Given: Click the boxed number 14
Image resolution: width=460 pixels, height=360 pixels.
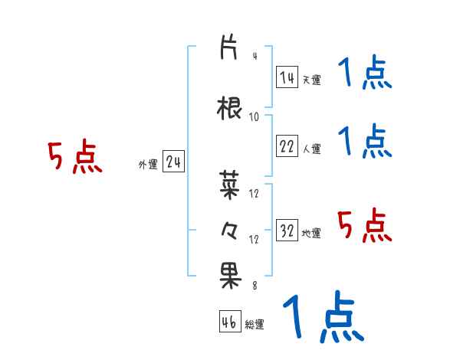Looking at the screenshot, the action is (287, 77).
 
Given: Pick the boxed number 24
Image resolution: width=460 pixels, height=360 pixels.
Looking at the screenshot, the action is (173, 162).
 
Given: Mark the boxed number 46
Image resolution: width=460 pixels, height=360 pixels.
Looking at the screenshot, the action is (229, 322).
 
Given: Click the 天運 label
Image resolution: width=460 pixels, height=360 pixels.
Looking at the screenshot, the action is (311, 79).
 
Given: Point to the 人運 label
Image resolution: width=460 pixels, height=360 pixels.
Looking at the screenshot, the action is (311, 149).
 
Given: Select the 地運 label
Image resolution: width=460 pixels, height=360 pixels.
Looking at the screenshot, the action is (311, 233).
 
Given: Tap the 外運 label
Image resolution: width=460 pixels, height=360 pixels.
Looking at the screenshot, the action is (148, 164).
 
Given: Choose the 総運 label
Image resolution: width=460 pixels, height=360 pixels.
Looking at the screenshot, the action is (255, 324).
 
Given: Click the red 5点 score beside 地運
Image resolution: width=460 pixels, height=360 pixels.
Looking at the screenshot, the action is (365, 225).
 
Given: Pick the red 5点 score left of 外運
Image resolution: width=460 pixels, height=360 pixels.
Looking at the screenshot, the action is (75, 157).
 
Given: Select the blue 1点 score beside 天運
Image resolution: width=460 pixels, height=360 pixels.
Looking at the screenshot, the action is (365, 75).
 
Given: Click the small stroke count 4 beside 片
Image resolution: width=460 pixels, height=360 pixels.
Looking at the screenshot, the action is (254, 56).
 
